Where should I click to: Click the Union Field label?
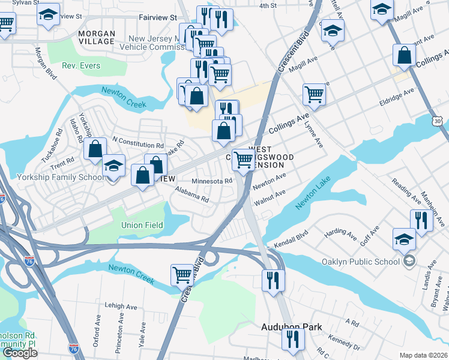[x=142, y=225]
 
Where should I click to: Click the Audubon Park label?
[x=291, y=327]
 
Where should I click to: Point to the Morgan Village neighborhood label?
[x=97, y=37]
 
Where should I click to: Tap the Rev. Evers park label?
[x=82, y=65]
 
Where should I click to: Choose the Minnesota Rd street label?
[x=212, y=181]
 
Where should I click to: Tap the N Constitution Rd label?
[x=138, y=145]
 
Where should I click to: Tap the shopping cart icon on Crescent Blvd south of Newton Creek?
[x=182, y=275]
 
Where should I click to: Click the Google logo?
[x=20, y=353]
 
